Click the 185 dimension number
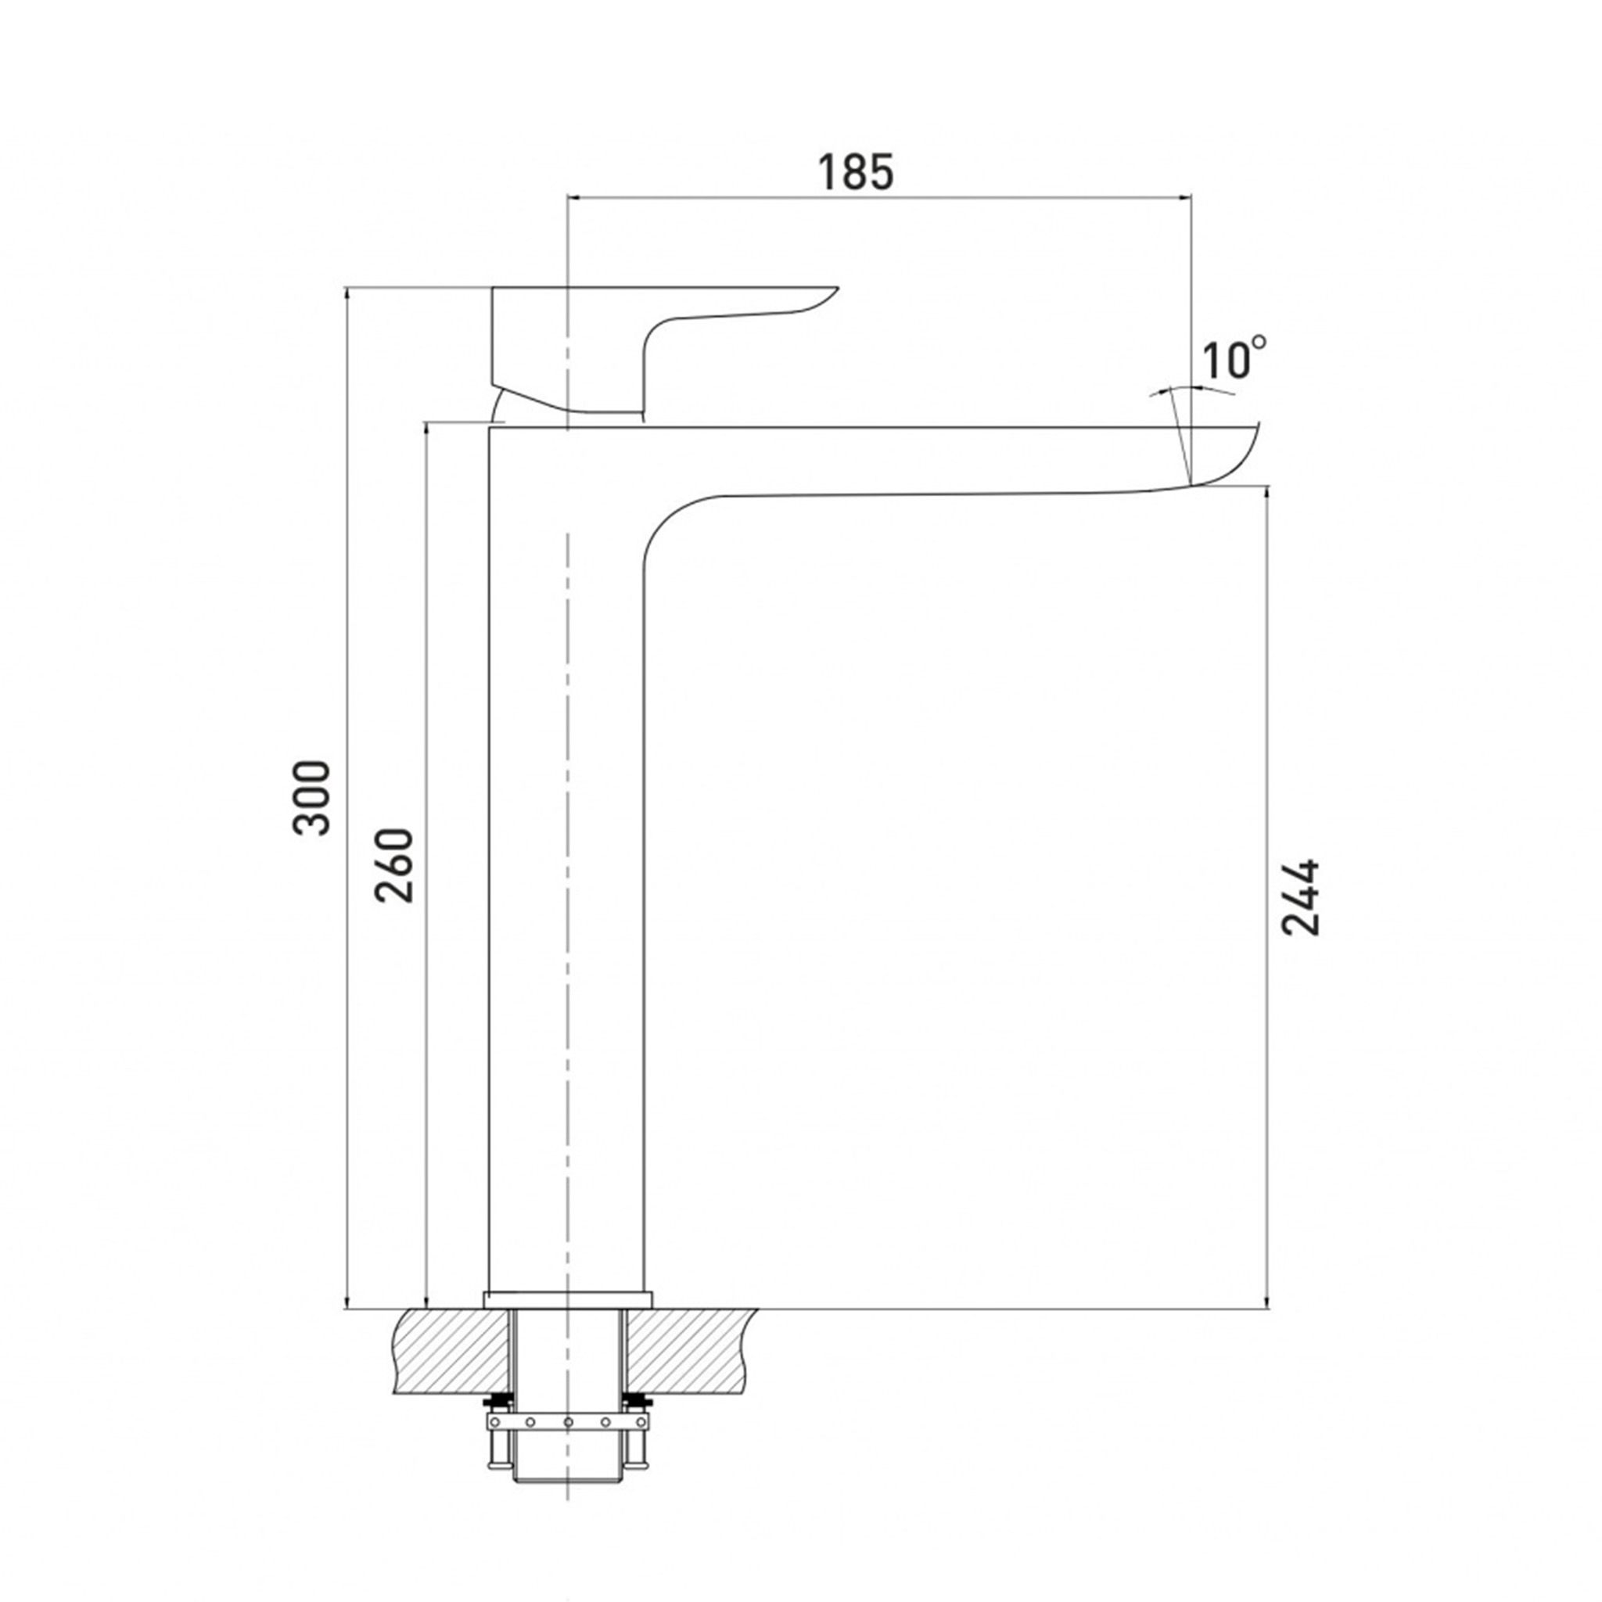(856, 172)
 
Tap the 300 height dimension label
(312, 797)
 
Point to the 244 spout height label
(1299, 897)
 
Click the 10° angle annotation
(1234, 357)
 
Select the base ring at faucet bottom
(568, 1299)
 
